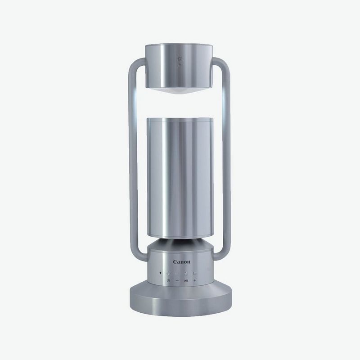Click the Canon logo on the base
tap(181, 262)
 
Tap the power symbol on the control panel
tap(168, 280)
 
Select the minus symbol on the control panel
tap(177, 280)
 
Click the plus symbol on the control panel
tap(195, 280)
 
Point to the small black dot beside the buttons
tap(160, 273)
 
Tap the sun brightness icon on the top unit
tap(180, 59)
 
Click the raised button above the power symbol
tap(168, 274)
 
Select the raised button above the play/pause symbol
tap(186, 274)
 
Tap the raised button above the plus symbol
tap(195, 273)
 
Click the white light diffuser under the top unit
tap(178, 90)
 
